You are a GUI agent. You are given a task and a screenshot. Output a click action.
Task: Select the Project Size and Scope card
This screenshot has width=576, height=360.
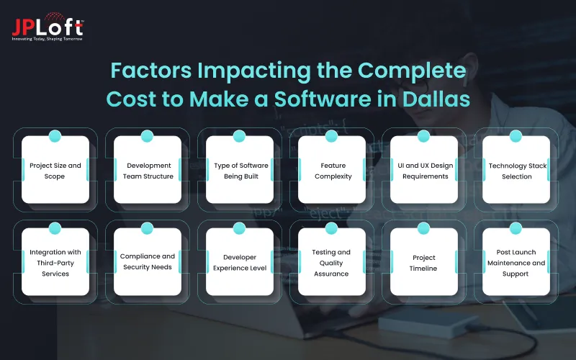(55, 171)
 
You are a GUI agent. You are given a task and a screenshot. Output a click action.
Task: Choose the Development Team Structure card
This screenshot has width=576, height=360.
(148, 171)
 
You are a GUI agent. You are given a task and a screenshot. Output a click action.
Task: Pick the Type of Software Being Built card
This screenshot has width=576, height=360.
(241, 171)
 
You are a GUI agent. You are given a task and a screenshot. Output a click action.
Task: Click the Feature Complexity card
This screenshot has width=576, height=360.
(333, 171)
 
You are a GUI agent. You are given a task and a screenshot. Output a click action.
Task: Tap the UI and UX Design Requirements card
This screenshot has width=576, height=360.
(426, 171)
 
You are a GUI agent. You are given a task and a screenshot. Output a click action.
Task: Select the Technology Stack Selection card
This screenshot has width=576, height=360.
(518, 171)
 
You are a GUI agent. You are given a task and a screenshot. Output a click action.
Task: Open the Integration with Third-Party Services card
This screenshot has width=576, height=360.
(55, 263)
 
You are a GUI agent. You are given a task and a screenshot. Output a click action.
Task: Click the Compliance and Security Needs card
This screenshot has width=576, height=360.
(148, 263)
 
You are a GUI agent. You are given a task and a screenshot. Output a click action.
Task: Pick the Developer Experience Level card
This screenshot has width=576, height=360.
(241, 263)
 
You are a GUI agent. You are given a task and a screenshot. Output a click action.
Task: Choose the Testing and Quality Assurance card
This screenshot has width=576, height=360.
(333, 263)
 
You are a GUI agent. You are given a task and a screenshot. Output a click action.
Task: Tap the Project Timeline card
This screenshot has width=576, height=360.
(426, 263)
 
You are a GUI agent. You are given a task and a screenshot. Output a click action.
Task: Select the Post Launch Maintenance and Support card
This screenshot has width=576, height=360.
(518, 263)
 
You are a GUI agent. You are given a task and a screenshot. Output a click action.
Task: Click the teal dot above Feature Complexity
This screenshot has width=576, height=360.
(332, 136)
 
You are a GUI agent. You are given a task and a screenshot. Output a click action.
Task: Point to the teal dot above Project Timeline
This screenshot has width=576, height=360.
(424, 228)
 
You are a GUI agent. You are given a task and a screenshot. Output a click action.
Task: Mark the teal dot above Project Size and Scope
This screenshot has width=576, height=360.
(55, 136)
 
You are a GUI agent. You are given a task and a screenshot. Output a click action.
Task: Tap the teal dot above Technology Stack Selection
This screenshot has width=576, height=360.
(516, 136)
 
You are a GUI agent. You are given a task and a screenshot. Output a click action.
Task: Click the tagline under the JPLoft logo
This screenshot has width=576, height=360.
(48, 39)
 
